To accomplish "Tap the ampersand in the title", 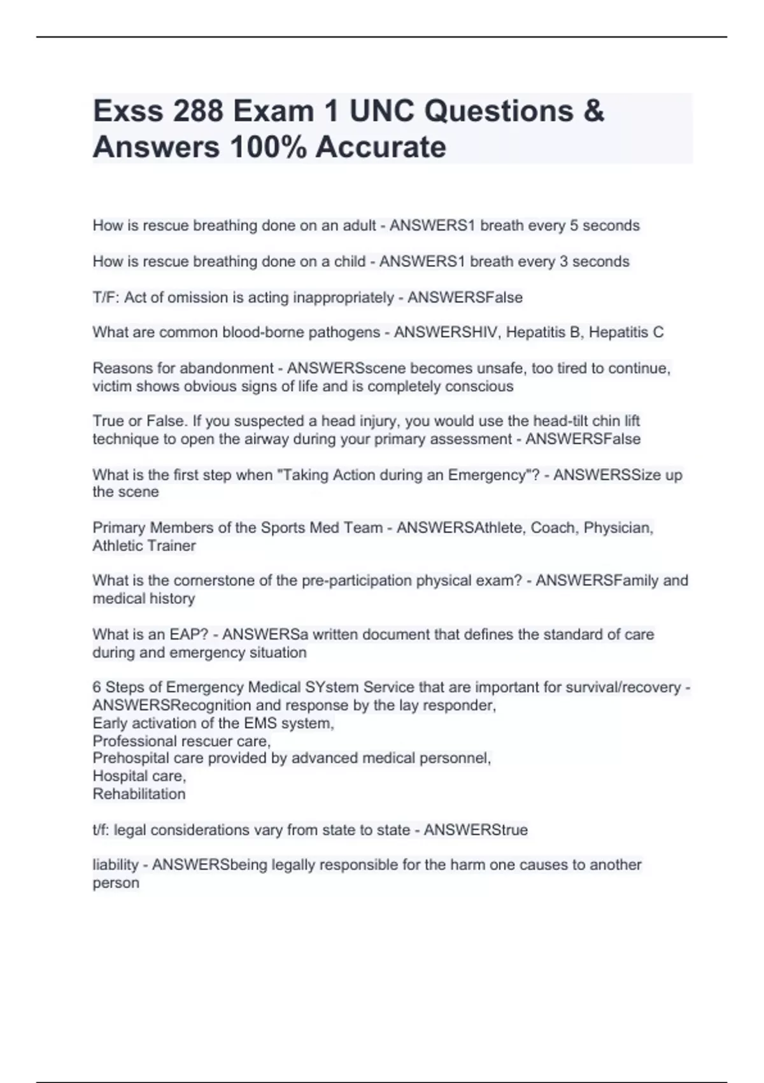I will tap(593, 111).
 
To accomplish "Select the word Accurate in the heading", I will tap(381, 147).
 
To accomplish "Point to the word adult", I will tap(359, 226).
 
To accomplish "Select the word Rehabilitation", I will tap(139, 794).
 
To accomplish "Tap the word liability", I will tap(115, 865).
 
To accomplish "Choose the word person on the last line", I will tap(115, 884).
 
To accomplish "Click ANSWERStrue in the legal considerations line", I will tap(476, 830).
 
